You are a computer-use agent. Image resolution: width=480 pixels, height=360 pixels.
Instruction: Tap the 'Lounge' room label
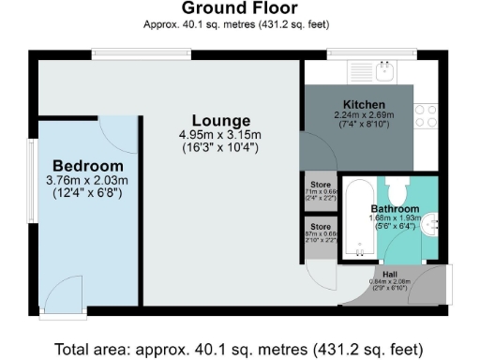221,121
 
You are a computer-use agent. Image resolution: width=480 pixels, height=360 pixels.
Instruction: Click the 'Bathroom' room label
395,208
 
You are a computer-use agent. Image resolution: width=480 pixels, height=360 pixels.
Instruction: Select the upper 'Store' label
321,184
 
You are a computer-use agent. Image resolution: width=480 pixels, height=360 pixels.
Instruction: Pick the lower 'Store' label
321,226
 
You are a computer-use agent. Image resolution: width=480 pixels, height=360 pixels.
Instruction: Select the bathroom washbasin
431,223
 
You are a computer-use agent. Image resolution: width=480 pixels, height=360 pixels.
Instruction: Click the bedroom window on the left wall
30,178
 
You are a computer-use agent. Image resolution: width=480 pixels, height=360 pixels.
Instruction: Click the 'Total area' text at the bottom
238,349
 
